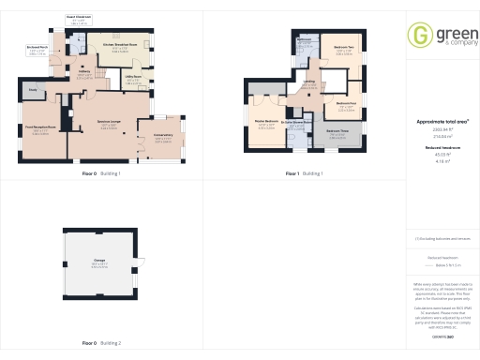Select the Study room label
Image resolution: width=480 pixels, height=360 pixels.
point(32,90)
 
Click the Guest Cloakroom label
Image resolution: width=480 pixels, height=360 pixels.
point(78,17)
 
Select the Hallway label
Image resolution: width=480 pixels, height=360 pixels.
point(83,71)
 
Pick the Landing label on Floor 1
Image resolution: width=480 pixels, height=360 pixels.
point(308,82)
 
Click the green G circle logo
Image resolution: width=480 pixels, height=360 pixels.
point(418,37)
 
